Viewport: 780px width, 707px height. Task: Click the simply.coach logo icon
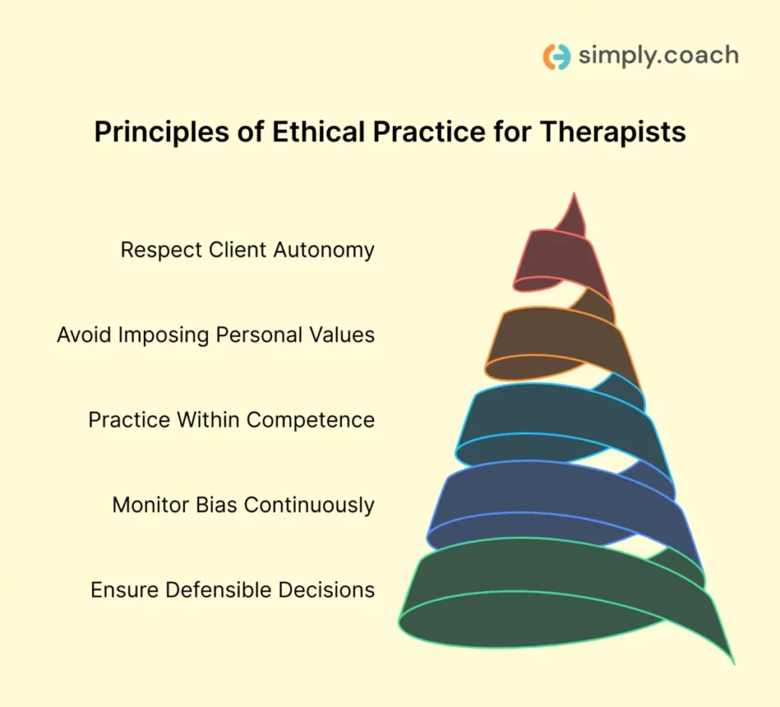556,57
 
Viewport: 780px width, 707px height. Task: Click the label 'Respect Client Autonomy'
248,249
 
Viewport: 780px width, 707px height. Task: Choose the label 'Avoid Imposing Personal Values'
216,335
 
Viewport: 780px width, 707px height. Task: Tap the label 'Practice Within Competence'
232,419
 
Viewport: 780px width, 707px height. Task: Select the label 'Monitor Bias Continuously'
243,505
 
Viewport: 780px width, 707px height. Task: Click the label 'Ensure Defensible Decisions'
232,590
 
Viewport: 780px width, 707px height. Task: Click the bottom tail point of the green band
731,660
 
